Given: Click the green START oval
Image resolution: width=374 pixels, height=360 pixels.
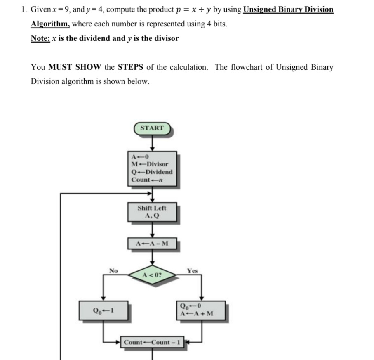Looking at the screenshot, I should (152, 128).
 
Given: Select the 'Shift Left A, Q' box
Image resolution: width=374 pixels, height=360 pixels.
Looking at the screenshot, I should (152, 211).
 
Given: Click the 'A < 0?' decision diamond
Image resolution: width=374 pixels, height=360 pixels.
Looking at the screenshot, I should (152, 275).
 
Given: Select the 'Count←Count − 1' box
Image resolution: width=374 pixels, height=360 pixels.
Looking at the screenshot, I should (152, 342).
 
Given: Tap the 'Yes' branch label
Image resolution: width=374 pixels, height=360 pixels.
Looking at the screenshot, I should (192, 271).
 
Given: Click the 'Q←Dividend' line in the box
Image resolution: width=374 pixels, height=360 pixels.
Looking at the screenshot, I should (152, 172).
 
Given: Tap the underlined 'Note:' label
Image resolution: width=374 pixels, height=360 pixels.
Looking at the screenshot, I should (40, 38).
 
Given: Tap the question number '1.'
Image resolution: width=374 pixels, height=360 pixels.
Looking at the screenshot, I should (24, 9).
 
